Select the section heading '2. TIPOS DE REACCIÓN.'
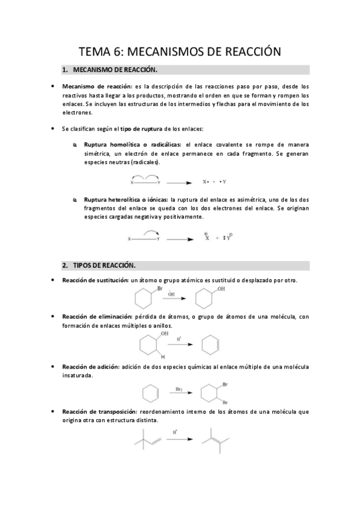(x=104, y=265)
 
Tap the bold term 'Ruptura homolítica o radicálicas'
(x=133, y=145)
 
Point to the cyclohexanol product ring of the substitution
(x=205, y=299)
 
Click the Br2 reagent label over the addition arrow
(x=179, y=390)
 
